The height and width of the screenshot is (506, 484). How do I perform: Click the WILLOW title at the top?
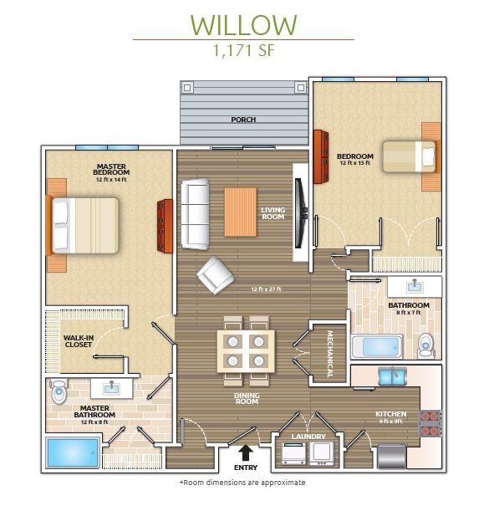coord(242,24)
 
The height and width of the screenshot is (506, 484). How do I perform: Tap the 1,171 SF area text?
coord(242,50)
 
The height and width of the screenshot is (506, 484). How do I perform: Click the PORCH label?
coord(243,120)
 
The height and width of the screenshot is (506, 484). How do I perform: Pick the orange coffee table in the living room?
coord(240,212)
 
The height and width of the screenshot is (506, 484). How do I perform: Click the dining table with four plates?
coord(246,350)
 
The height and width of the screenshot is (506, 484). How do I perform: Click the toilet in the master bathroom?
coord(59,391)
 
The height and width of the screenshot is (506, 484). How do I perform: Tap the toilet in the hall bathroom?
coord(425,345)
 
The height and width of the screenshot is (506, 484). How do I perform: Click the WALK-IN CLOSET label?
coord(78,341)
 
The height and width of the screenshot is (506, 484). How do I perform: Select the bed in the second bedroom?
coord(409,156)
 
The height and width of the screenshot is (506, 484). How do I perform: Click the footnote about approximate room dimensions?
coord(242,483)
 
